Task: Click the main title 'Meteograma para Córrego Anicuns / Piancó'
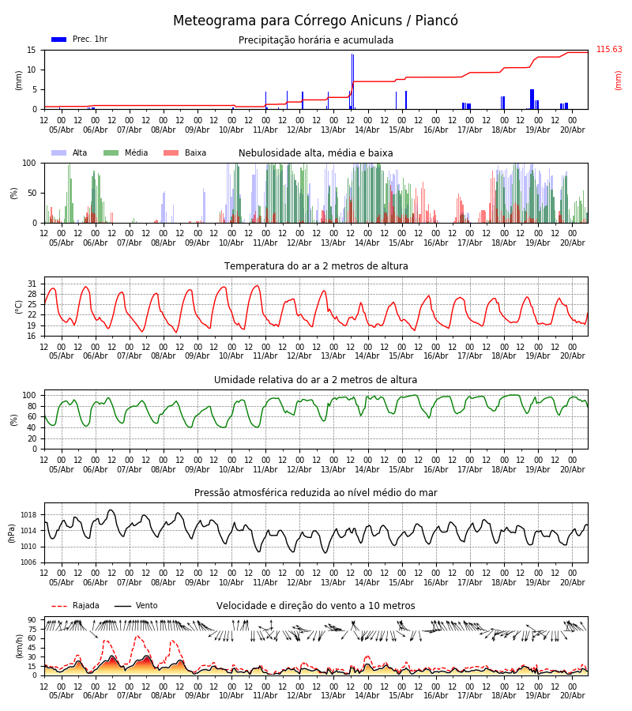click(x=315, y=21)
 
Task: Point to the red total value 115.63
click(x=609, y=50)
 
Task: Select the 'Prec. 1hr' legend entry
click(x=79, y=39)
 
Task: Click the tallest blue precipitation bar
click(x=352, y=81)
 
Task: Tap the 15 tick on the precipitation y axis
click(x=32, y=51)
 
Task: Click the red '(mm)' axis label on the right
click(x=618, y=81)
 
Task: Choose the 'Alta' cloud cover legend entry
click(x=70, y=152)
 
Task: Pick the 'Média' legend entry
click(x=126, y=152)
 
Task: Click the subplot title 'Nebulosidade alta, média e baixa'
click(x=315, y=153)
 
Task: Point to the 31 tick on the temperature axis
click(x=32, y=284)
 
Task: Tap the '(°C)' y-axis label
click(x=19, y=307)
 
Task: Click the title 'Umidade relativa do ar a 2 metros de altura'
click(x=315, y=379)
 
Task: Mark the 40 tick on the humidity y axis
click(x=32, y=427)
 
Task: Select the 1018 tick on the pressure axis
click(x=28, y=515)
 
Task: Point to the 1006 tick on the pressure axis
click(x=28, y=562)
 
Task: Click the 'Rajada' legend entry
click(x=75, y=606)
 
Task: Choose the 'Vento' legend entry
click(x=136, y=606)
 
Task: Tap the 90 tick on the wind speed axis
click(x=32, y=620)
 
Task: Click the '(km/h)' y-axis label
click(x=19, y=646)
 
